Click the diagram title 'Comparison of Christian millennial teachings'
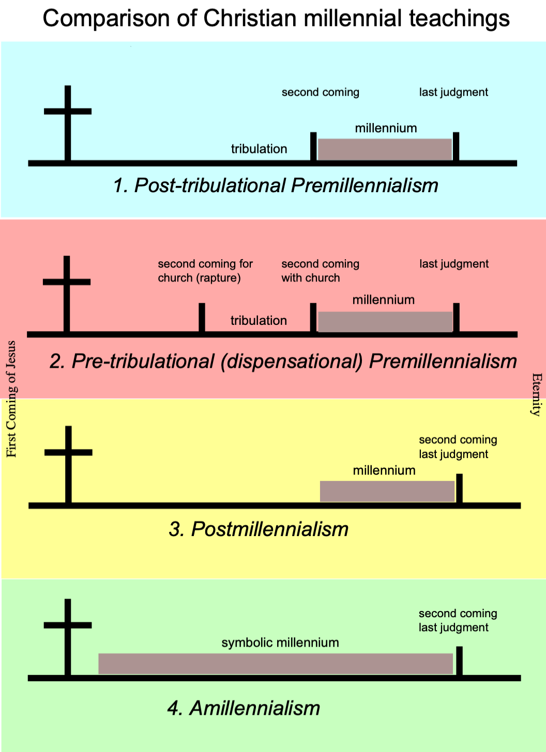(x=276, y=19)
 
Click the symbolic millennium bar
(x=276, y=664)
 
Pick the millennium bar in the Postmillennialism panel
(x=387, y=491)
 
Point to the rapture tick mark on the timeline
(x=202, y=318)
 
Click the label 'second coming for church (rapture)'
(x=205, y=271)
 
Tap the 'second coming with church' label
(x=320, y=271)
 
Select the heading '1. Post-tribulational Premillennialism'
(x=276, y=185)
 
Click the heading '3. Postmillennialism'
(x=259, y=529)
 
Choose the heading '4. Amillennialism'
(x=244, y=708)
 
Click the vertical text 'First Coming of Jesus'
(x=11, y=399)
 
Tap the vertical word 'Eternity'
(x=537, y=395)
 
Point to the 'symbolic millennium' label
(x=280, y=643)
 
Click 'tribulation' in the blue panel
(x=259, y=149)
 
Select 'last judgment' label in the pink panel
(x=454, y=264)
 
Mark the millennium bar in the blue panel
(x=385, y=149)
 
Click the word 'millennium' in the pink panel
(x=384, y=300)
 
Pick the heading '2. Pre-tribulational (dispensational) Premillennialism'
(x=283, y=361)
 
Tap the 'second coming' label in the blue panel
(x=320, y=92)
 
